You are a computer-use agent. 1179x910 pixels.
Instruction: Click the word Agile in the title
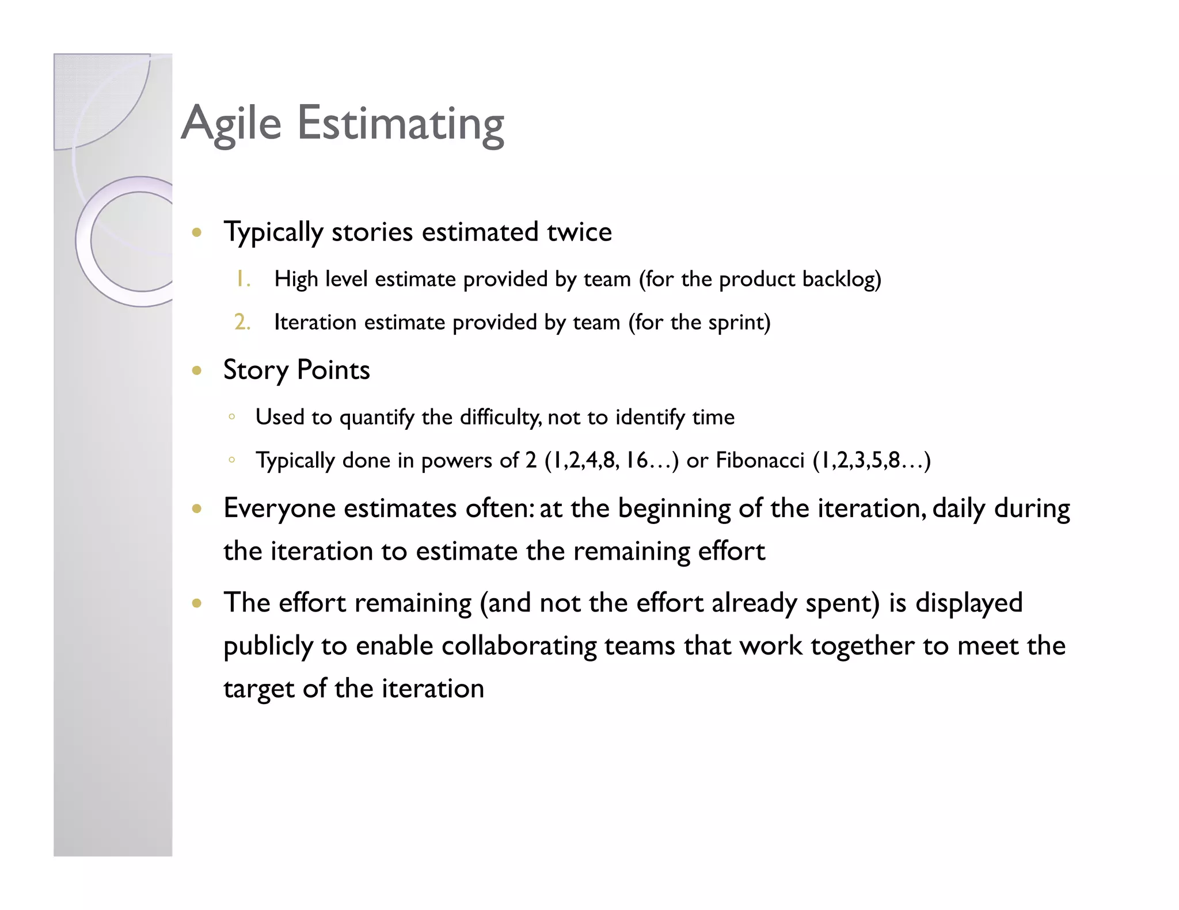[231, 124]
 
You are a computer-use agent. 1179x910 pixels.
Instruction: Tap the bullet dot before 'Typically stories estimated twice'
[197, 233]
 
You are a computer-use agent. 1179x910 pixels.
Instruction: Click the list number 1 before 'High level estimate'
[242, 280]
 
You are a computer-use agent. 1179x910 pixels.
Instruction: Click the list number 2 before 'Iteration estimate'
[242, 322]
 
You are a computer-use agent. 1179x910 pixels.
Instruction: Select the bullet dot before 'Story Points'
[197, 371]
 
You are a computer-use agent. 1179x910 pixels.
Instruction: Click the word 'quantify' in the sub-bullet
[376, 418]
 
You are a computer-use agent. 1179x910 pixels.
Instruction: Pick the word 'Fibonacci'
[759, 460]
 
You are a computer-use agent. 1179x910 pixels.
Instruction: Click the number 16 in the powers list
[636, 460]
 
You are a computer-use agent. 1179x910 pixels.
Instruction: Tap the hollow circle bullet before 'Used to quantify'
[231, 416]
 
